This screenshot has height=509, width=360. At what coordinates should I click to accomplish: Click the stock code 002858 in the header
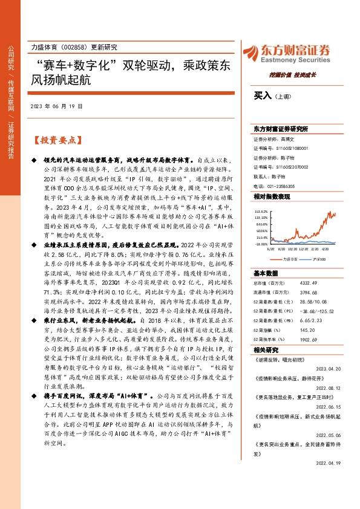pyautogui.click(x=75, y=47)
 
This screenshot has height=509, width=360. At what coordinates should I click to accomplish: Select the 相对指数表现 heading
pyautogui.click(x=267, y=197)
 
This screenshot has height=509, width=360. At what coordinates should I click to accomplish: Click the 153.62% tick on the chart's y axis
pyautogui.click(x=261, y=211)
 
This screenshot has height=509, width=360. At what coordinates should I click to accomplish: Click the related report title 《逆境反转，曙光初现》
pyautogui.click(x=277, y=358)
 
